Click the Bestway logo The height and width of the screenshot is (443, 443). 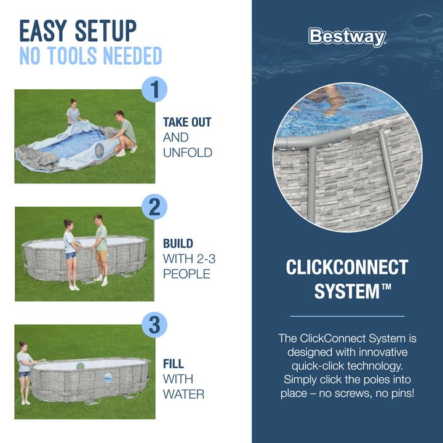point(347,37)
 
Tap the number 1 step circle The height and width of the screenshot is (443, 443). point(154,90)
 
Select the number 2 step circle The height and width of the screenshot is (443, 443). point(154,207)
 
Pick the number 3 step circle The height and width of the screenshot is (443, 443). point(154,324)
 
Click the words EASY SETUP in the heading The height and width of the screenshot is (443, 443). point(78,31)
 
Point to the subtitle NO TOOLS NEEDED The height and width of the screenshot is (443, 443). point(90,57)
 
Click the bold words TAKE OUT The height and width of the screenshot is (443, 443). point(187,122)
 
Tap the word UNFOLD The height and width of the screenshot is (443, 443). point(187,152)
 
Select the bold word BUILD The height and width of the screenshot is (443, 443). point(178,244)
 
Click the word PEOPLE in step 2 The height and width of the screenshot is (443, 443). point(187,274)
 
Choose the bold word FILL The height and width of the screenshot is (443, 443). point(174,364)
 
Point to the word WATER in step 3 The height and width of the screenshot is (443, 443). point(184,394)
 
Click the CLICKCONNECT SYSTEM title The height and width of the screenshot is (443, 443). point(347,279)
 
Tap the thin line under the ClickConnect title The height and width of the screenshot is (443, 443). point(347,316)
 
